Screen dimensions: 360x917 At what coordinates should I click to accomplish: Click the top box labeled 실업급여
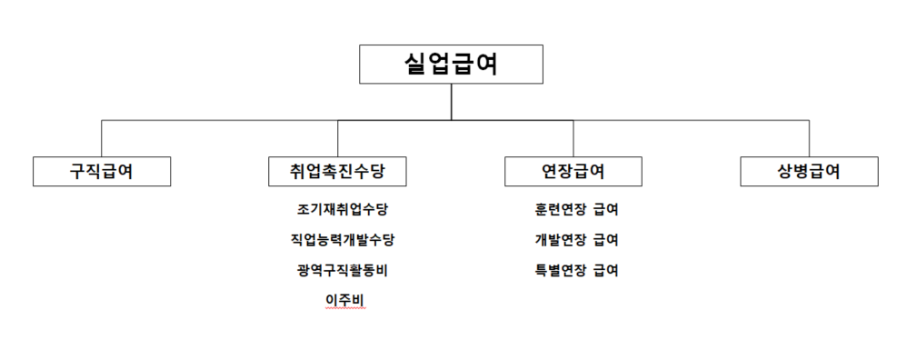tap(451, 65)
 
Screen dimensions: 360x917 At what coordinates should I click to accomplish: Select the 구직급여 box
tap(102, 171)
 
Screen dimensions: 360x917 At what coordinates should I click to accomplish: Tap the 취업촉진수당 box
tap(337, 171)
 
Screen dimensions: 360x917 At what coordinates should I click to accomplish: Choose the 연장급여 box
tap(573, 171)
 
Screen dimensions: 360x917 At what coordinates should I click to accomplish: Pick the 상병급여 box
tap(809, 171)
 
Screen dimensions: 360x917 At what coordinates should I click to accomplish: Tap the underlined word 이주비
tap(344, 299)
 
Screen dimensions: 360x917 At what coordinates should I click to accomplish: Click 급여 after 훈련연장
tap(605, 210)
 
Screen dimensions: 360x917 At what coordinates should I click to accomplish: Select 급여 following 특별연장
tap(605, 270)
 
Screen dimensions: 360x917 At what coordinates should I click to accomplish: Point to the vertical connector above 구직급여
tap(102, 138)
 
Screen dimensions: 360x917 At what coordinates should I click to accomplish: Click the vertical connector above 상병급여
tap(809, 138)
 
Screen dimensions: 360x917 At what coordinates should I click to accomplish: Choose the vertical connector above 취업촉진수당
tap(337, 138)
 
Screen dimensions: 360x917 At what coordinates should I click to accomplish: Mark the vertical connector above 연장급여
tap(573, 138)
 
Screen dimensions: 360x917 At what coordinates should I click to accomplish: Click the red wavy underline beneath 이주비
tap(344, 309)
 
